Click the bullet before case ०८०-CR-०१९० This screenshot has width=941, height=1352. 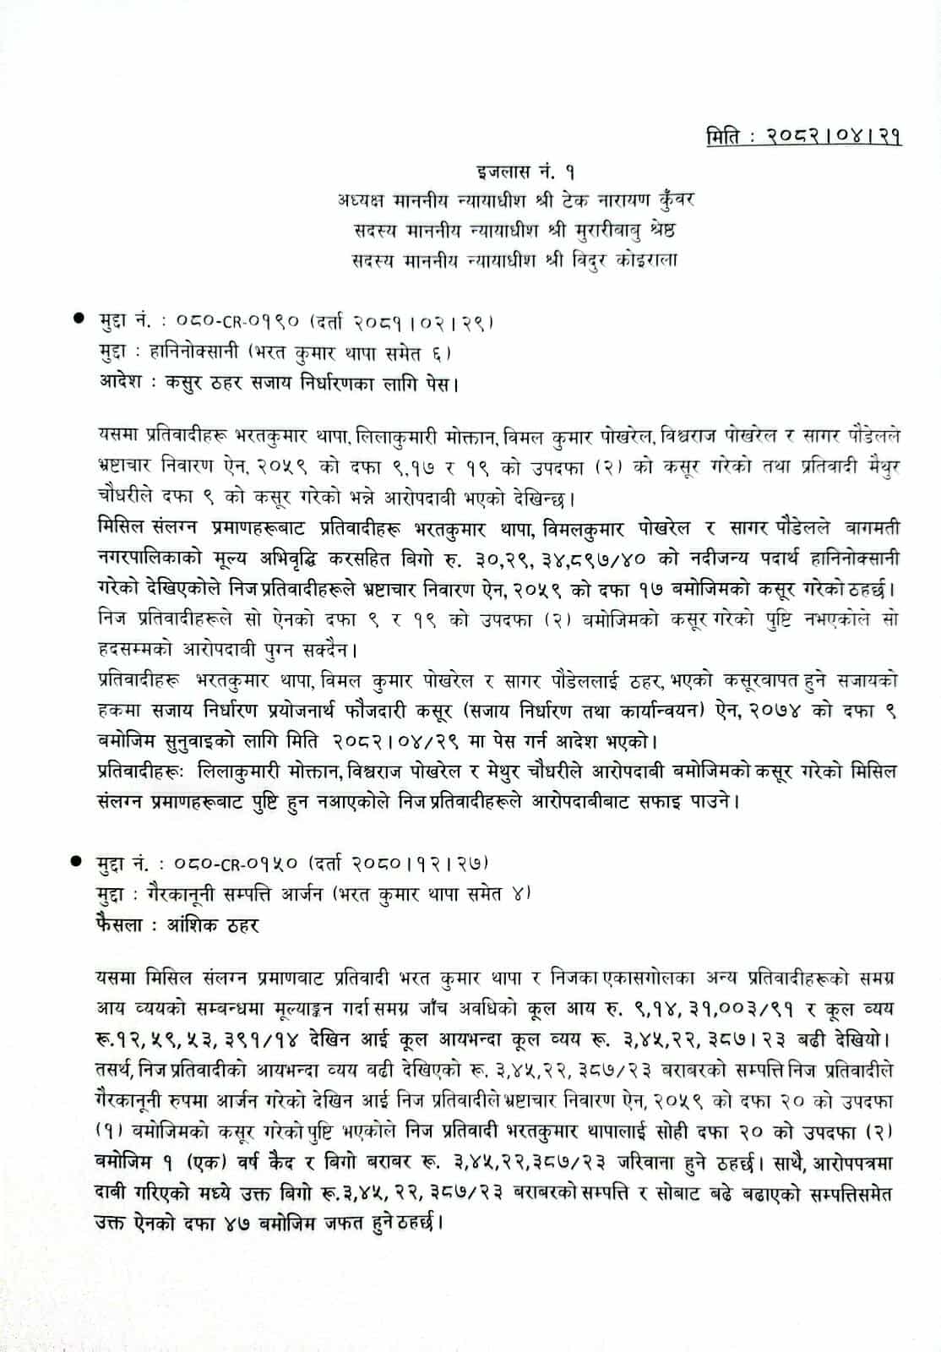click(79, 320)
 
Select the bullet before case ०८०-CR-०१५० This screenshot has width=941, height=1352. click(79, 863)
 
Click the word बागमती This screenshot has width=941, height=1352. click(873, 528)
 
